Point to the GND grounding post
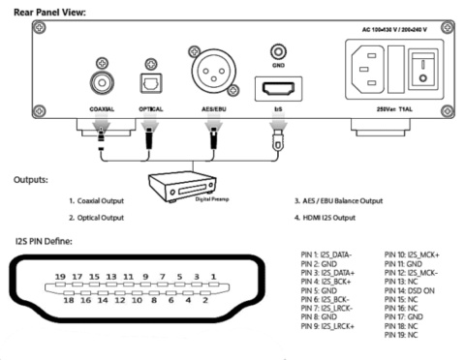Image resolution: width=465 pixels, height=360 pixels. pyautogui.click(x=279, y=48)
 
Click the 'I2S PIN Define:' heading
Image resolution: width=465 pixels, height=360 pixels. pyautogui.click(x=47, y=238)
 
